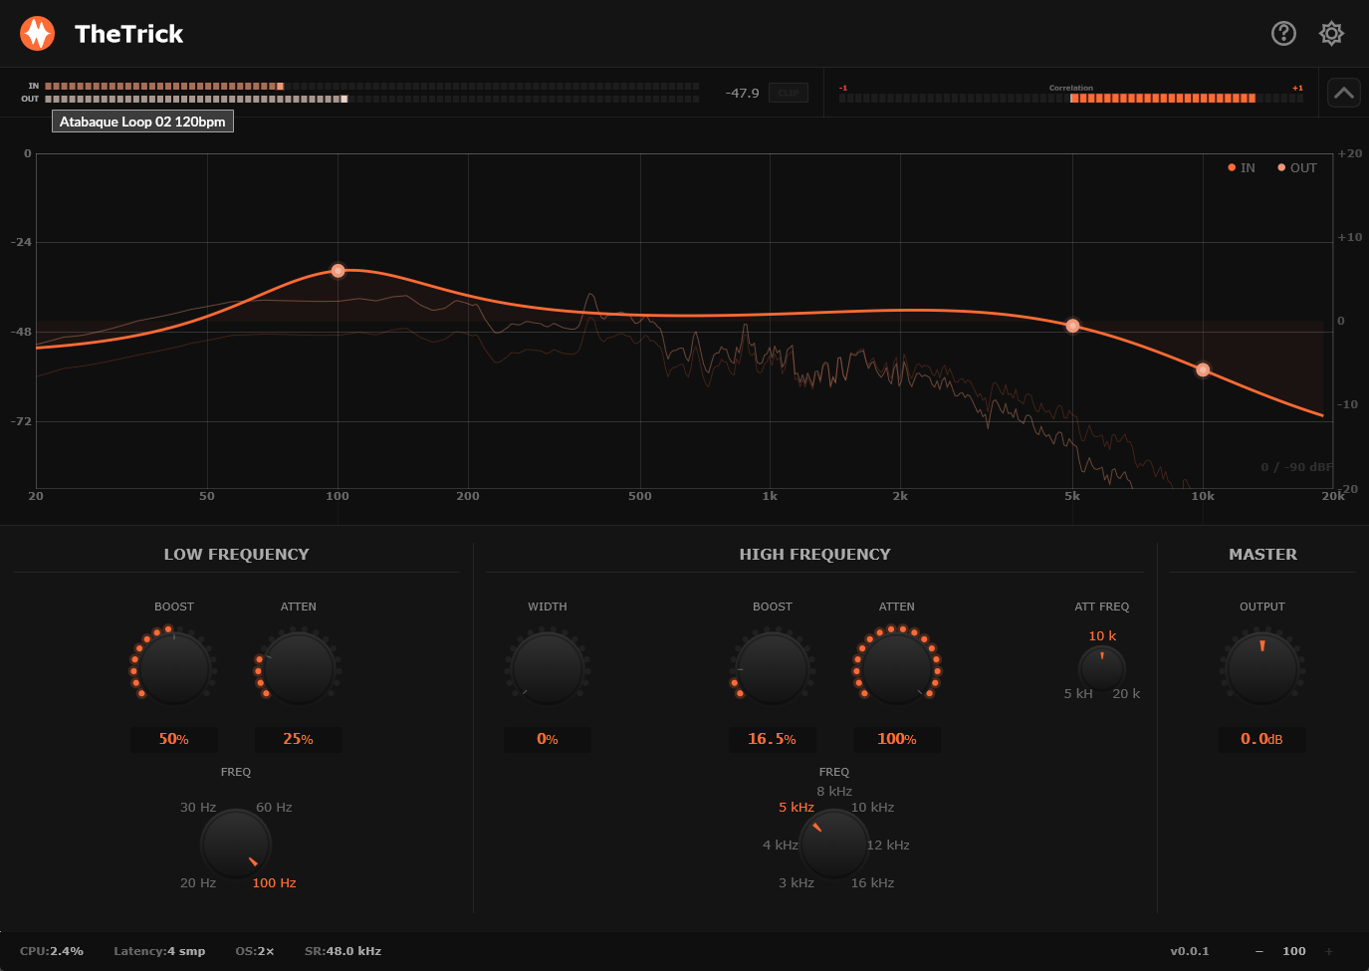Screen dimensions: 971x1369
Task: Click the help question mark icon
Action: (1283, 34)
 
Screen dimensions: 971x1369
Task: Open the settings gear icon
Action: (1331, 34)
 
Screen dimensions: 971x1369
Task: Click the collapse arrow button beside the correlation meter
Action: (1343, 93)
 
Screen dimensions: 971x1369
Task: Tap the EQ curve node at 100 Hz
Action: (338, 271)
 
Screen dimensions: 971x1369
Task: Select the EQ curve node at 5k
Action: (1072, 326)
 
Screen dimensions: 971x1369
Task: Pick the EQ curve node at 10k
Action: (1203, 369)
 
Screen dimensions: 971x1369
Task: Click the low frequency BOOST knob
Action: (174, 668)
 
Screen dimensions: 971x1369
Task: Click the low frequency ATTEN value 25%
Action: (298, 739)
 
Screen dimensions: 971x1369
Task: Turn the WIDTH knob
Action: (548, 668)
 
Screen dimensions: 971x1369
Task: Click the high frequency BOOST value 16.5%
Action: (772, 739)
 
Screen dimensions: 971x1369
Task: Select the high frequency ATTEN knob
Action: (897, 668)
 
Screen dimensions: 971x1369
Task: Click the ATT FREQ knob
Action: (1102, 667)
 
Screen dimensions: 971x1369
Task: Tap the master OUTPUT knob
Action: (1262, 668)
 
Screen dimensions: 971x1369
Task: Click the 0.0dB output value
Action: (1261, 739)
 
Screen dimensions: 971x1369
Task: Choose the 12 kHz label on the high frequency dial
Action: (888, 846)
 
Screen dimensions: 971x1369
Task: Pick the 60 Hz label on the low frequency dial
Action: (274, 808)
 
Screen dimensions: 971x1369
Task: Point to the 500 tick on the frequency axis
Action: (640, 496)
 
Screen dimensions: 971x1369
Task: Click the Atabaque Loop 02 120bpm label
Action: (142, 121)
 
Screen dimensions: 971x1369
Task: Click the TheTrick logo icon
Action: (38, 34)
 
